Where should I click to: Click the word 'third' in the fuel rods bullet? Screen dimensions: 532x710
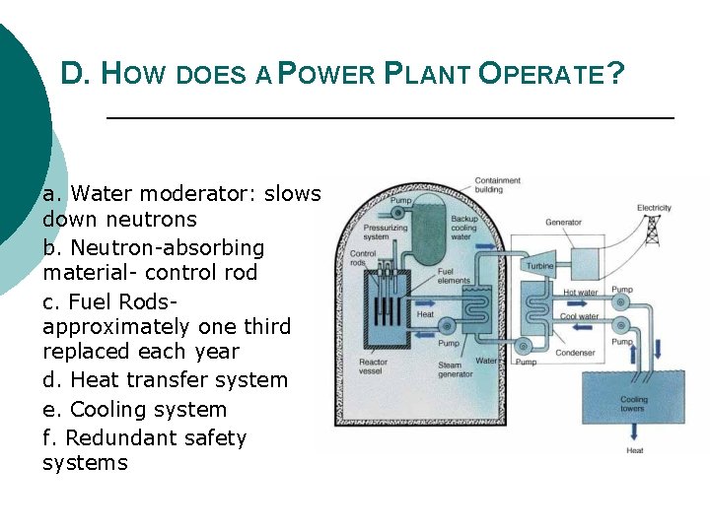point(265,327)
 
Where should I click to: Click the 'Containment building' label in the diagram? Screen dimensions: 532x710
point(497,185)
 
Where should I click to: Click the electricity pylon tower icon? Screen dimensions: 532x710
point(652,230)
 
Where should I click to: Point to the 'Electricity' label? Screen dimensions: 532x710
point(654,208)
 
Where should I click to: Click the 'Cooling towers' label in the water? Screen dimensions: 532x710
point(633,405)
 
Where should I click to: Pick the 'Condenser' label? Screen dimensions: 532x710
point(574,353)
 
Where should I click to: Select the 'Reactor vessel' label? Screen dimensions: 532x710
point(373,367)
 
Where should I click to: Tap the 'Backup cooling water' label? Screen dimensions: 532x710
point(463,228)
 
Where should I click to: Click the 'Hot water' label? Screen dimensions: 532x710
point(580,293)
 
